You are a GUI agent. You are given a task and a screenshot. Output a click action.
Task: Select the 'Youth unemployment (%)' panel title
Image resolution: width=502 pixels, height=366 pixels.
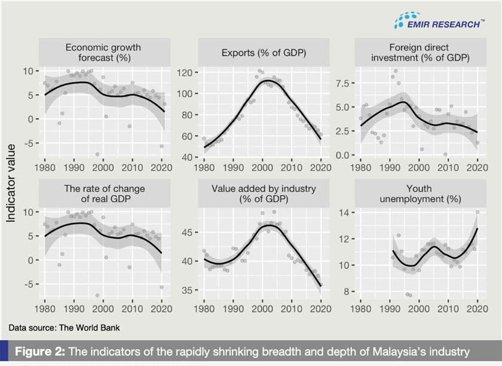pos(418,194)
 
